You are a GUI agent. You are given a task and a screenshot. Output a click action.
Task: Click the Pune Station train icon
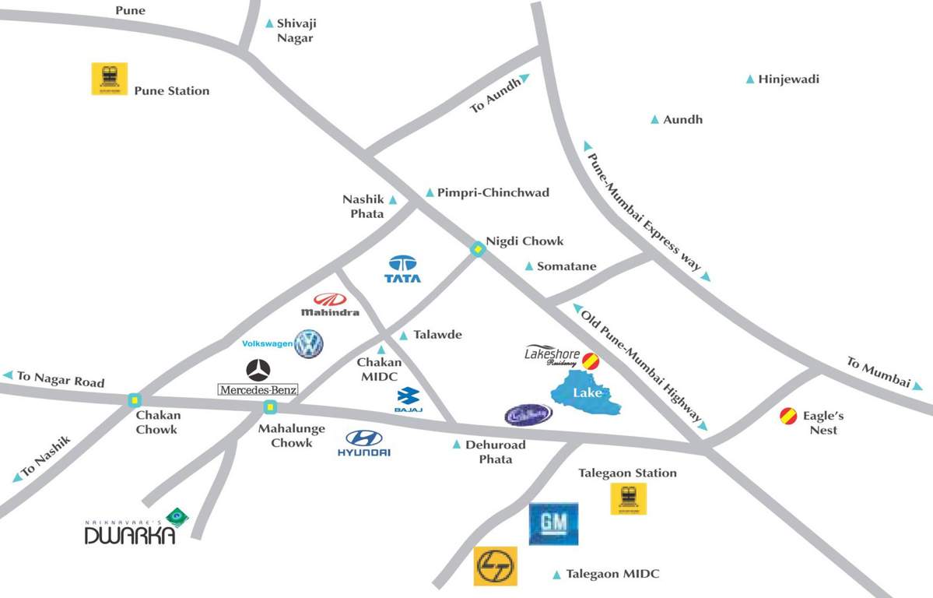pos(109,79)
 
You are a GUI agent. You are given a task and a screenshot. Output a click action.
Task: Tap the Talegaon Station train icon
pos(628,498)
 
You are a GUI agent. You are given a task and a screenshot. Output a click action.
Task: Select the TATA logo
pos(402,269)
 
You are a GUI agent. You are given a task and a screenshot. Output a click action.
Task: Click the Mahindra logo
pos(330,304)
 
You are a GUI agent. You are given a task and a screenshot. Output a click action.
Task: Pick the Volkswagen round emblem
pos(308,343)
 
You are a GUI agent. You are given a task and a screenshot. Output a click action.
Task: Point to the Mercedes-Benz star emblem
pos(258,370)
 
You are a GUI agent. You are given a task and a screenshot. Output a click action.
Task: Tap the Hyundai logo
pos(364,442)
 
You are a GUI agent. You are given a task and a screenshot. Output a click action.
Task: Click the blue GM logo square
pos(553,523)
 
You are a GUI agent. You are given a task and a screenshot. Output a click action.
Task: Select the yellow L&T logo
pos(496,566)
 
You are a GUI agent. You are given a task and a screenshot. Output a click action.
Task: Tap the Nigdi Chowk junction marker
pos(478,249)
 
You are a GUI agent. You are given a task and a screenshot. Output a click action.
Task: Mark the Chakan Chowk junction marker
pos(135,400)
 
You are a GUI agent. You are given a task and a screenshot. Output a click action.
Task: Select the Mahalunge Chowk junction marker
pos(269,406)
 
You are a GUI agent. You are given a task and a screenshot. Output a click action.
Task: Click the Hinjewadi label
pos(788,79)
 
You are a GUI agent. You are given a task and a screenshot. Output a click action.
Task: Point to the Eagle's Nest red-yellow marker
pos(788,416)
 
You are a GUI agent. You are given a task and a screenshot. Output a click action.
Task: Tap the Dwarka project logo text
pos(130,534)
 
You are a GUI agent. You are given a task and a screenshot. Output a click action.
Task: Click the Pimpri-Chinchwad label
pos(493,192)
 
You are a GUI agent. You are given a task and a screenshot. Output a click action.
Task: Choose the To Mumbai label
pos(878,372)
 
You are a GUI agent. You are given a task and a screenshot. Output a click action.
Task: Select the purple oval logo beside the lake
pos(528,414)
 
